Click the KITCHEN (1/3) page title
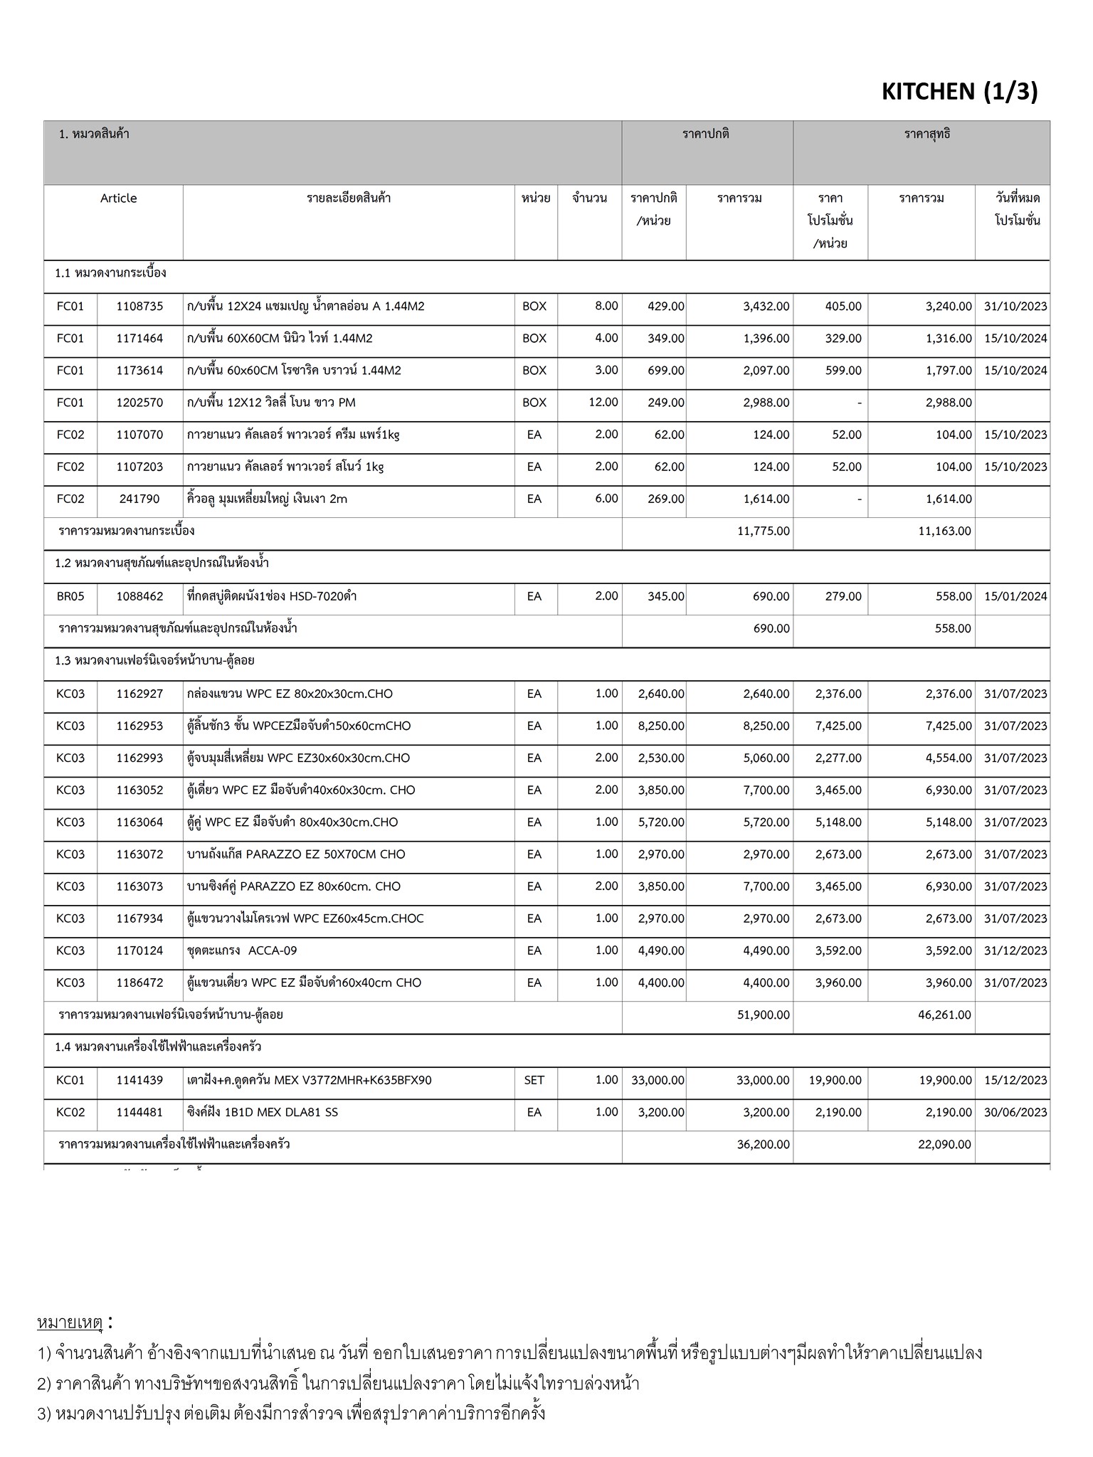[x=959, y=92]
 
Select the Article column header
[x=118, y=198]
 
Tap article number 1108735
[x=139, y=307]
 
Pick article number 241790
[x=139, y=499]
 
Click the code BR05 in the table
[x=70, y=596]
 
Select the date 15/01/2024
[x=1015, y=596]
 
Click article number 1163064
[x=139, y=822]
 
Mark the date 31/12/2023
[x=1015, y=951]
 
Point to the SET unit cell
[x=534, y=1080]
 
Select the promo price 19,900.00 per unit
[x=835, y=1080]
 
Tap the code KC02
[x=70, y=1112]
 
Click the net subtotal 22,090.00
[x=944, y=1145]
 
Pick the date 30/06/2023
[x=1015, y=1112]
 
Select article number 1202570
[x=139, y=403]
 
